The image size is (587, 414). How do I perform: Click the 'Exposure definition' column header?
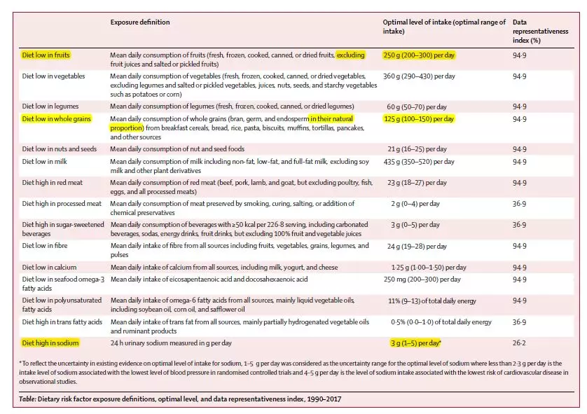point(140,22)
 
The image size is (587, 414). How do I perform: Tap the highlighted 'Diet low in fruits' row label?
point(46,55)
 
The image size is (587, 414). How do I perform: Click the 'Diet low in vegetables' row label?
point(53,76)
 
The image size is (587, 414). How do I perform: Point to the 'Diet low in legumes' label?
point(50,106)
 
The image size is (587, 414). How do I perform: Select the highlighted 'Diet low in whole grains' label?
point(55,119)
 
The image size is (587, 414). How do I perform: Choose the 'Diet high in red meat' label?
point(53,182)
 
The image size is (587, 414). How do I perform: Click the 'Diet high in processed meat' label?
point(61,203)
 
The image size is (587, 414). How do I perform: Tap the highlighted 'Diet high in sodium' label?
point(50,343)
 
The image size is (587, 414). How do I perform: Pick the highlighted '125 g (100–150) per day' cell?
point(419,119)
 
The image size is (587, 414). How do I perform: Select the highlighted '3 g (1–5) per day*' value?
point(416,343)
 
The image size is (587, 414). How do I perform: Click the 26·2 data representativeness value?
point(519,343)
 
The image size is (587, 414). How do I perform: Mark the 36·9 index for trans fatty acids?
point(519,322)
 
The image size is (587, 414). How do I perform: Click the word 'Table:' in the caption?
point(29,399)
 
